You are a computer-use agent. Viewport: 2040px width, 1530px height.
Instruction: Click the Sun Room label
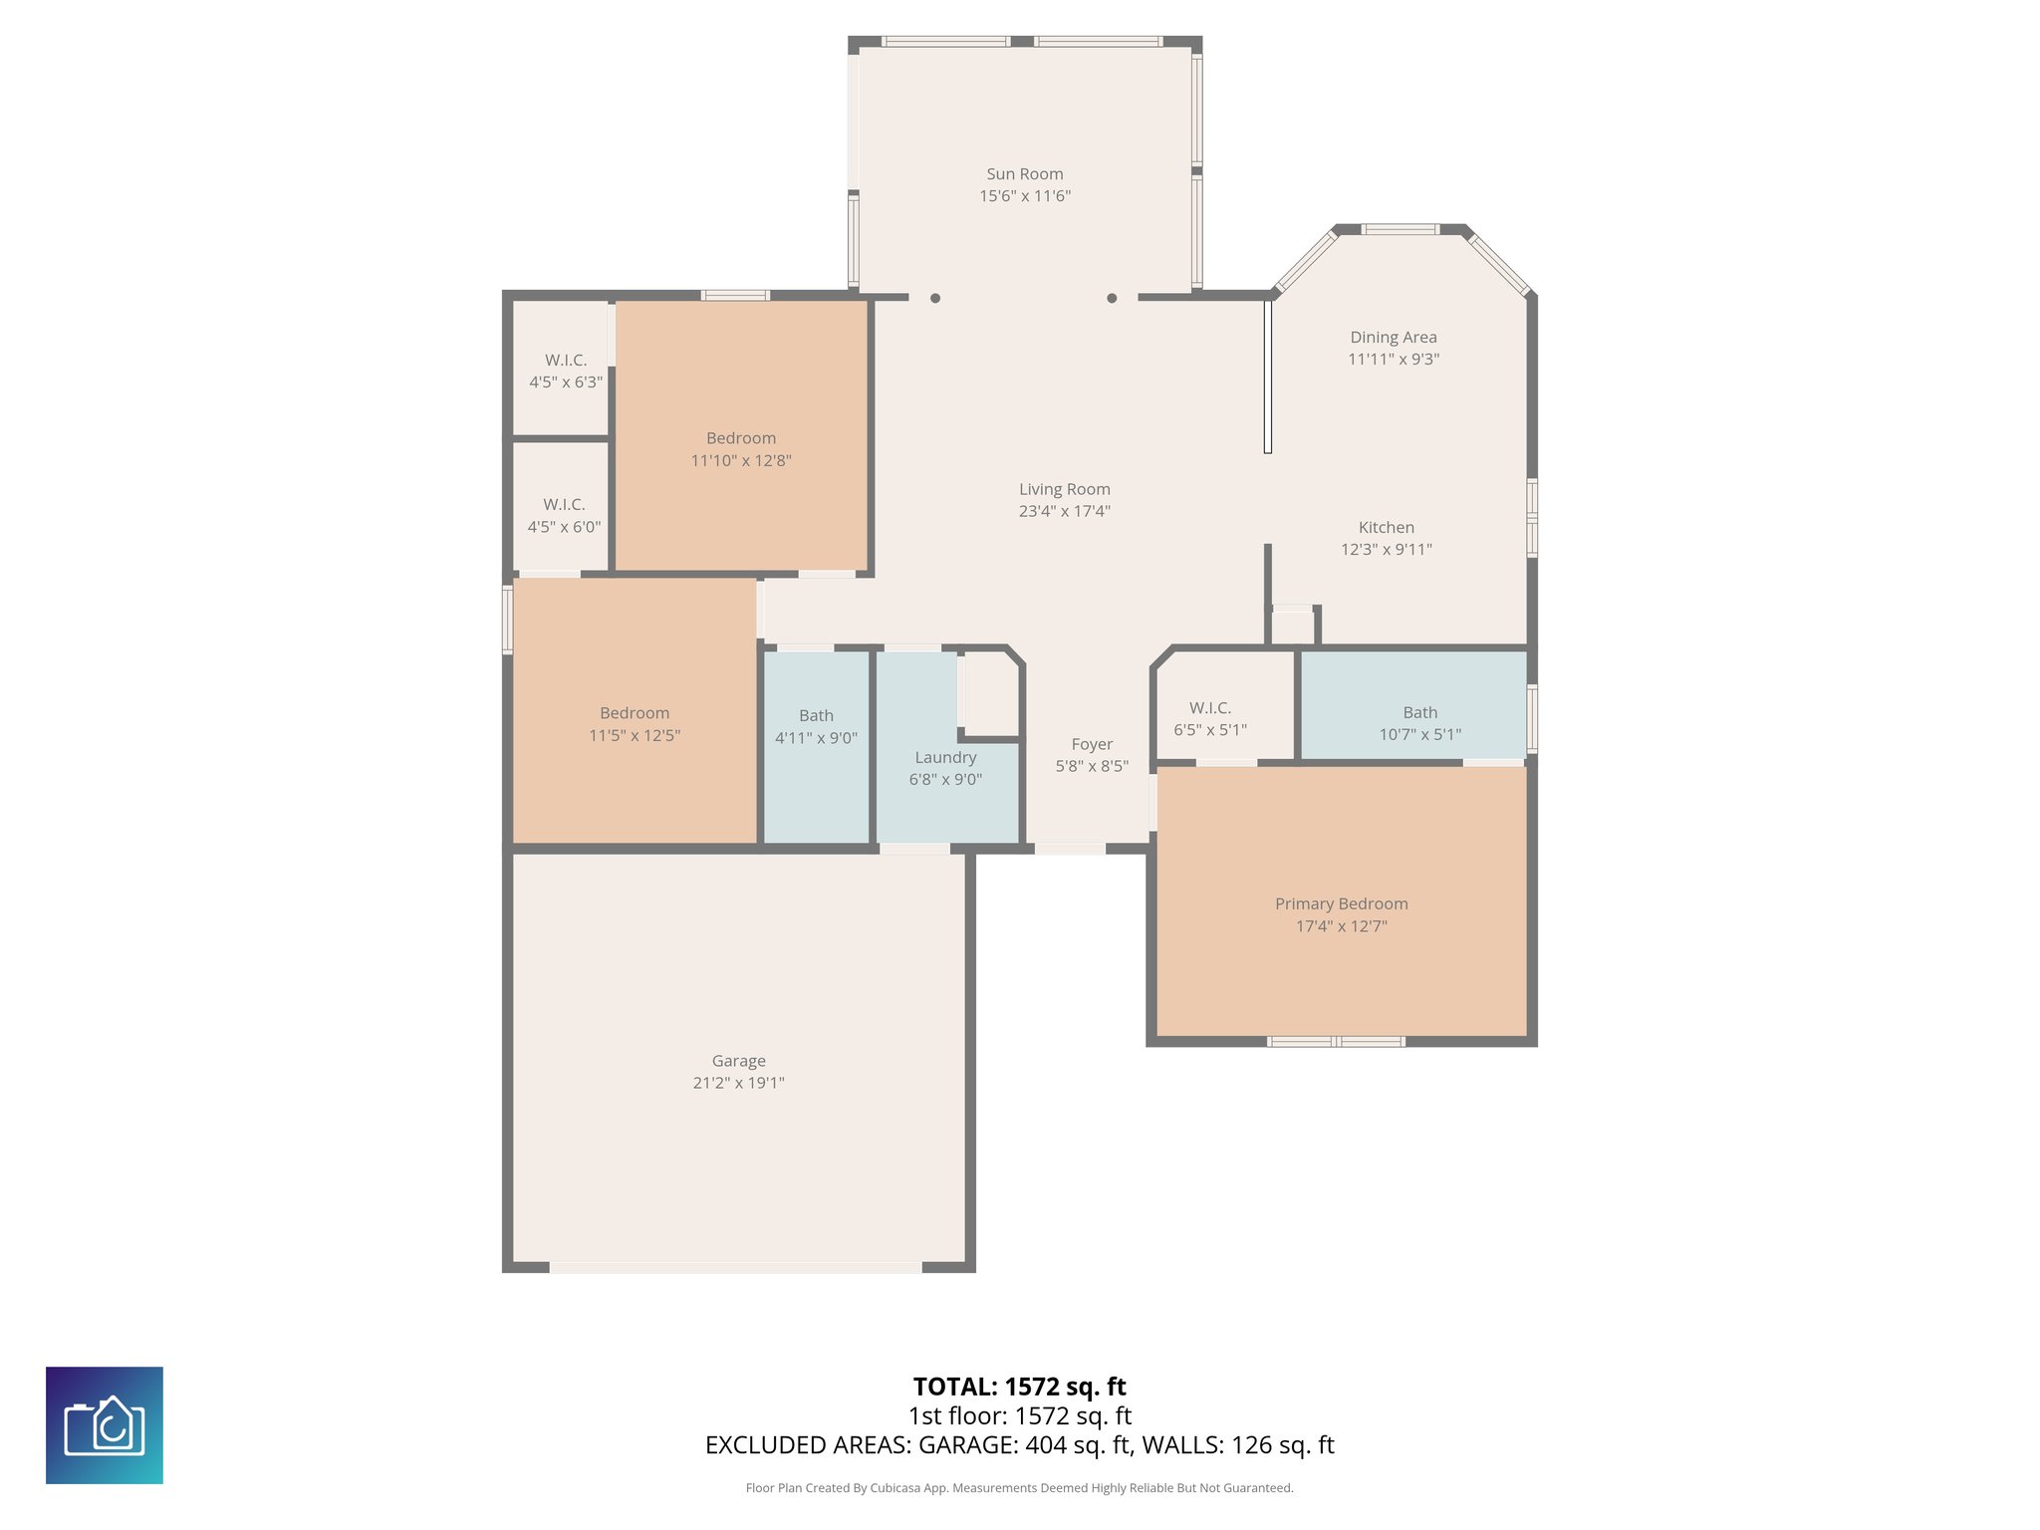pos(1024,174)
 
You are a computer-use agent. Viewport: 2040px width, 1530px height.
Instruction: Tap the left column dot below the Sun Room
pos(934,298)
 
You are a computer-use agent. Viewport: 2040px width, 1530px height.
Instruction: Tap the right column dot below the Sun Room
pos(1112,298)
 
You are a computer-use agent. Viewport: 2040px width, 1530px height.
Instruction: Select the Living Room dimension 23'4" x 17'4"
pos(1064,511)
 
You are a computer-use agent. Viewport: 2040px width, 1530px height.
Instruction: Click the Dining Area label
pos(1393,338)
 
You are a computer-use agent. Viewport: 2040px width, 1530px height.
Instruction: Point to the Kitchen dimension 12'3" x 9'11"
pos(1386,549)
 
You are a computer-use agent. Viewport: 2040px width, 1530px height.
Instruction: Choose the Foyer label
pos(1092,744)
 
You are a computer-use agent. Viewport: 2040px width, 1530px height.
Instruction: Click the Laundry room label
pos(945,757)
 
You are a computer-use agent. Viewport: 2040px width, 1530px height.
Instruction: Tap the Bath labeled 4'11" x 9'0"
pos(816,726)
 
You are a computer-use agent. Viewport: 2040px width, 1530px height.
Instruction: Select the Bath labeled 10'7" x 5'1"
pos(1419,723)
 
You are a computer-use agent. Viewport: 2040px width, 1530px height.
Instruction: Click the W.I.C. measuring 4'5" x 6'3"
pos(565,371)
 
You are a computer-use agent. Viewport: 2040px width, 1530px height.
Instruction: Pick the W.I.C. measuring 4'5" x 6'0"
pos(564,515)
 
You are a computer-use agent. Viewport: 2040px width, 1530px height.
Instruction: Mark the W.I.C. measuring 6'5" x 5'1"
pos(1209,718)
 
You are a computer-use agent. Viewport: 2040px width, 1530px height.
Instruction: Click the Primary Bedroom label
pos(1341,903)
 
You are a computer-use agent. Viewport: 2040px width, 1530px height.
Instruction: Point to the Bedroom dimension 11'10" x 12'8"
pos(741,460)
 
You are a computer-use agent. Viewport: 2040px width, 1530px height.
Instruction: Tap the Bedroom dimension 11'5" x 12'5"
pos(635,735)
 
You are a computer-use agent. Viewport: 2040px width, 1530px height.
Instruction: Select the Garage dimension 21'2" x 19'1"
pos(738,1083)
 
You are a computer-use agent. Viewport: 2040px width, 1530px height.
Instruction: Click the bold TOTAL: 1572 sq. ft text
pos(1019,1387)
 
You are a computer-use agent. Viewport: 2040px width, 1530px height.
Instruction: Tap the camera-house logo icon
pos(105,1424)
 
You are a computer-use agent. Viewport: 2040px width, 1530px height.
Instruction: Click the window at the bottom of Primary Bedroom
pos(1336,1042)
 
